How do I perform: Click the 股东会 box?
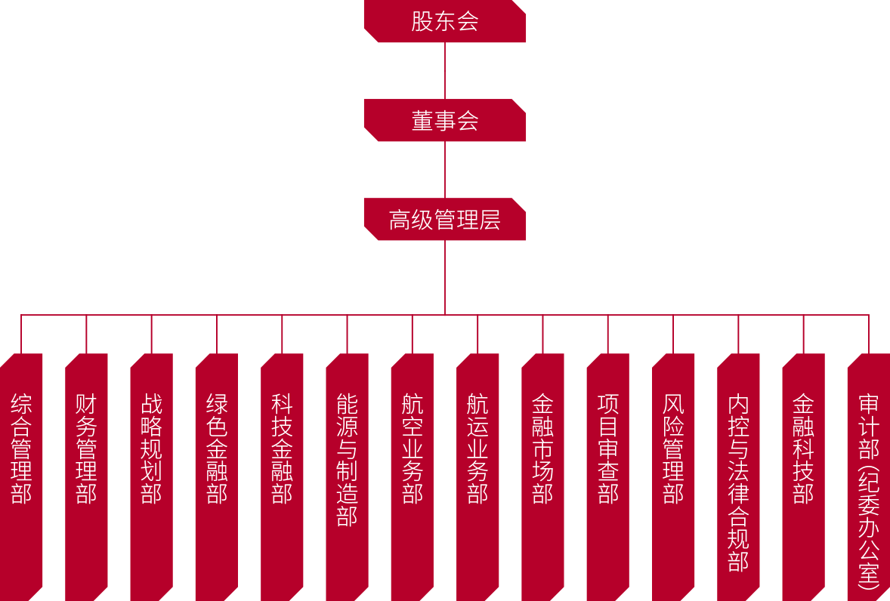[x=444, y=21]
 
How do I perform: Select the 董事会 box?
[x=444, y=121]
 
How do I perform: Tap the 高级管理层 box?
[x=444, y=220]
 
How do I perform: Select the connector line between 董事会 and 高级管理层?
[x=445, y=170]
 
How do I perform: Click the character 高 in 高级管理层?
[x=400, y=220]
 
